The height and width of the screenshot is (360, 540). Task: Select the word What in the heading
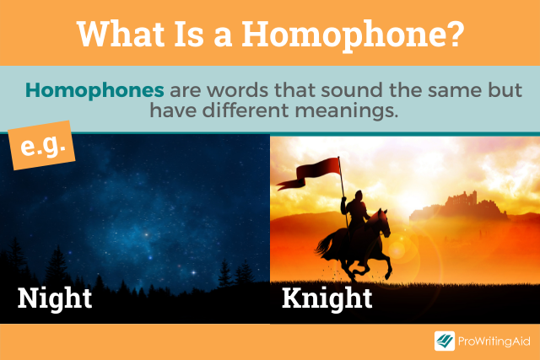click(x=121, y=34)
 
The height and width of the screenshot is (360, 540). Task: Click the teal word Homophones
click(x=94, y=90)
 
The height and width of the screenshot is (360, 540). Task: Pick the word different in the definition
click(x=246, y=110)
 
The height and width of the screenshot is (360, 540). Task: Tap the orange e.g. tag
click(x=41, y=145)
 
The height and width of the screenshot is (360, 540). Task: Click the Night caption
click(x=55, y=298)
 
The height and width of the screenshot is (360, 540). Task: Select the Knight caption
click(x=327, y=298)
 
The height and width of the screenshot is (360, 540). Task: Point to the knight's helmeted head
click(x=359, y=196)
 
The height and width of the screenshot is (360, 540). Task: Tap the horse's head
click(x=383, y=223)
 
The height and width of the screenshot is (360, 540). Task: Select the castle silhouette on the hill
click(x=458, y=206)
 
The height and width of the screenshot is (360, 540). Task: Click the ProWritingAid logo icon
click(x=445, y=341)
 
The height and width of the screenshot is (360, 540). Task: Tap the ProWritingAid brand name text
click(x=494, y=341)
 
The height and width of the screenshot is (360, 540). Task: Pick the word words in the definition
click(x=237, y=90)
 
